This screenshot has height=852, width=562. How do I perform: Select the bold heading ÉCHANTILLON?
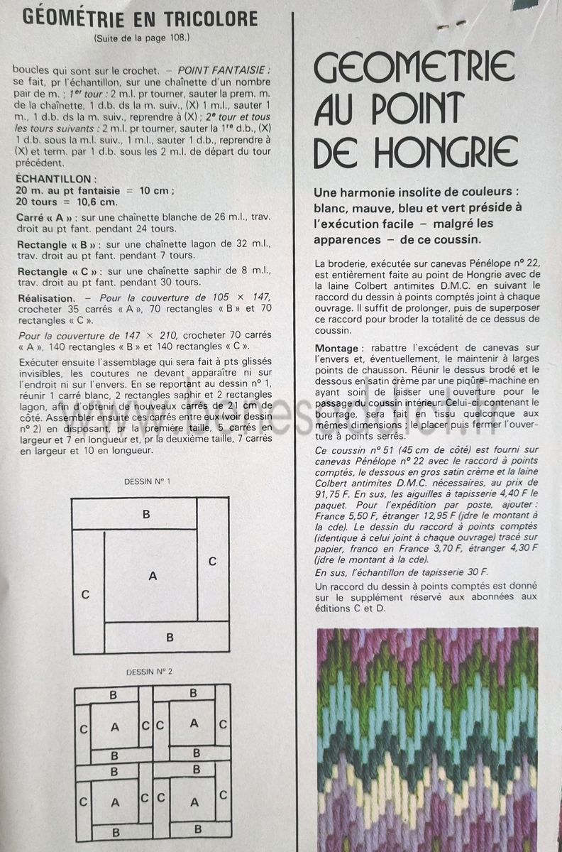(x=52, y=180)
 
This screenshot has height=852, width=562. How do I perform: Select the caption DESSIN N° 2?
(x=149, y=671)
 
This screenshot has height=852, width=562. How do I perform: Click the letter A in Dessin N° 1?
(x=152, y=576)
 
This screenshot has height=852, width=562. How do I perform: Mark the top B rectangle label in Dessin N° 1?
(x=145, y=513)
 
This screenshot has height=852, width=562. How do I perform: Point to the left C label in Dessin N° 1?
(x=85, y=594)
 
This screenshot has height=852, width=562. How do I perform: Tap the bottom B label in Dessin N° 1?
(x=170, y=637)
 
